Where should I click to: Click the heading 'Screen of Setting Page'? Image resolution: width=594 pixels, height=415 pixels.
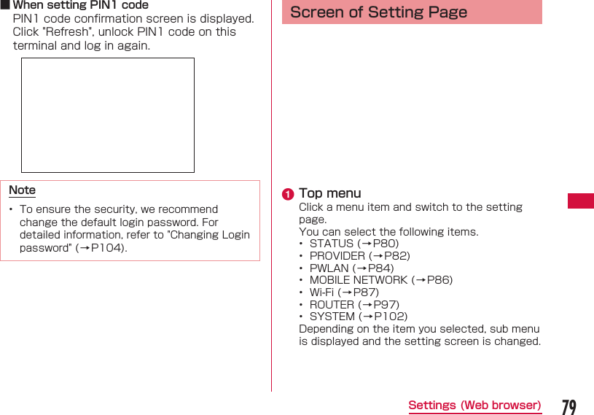click(378, 12)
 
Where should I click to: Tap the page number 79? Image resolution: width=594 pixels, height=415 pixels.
click(569, 406)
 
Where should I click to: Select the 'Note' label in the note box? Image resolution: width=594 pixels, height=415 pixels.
click(22, 190)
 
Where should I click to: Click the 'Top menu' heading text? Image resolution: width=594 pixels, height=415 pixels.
click(329, 193)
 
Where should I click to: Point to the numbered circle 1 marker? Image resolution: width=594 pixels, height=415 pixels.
click(289, 194)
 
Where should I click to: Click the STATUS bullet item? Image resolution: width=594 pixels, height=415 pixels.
click(354, 244)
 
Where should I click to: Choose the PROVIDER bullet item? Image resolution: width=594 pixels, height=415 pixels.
click(359, 256)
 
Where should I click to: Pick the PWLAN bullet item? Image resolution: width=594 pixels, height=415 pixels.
click(351, 268)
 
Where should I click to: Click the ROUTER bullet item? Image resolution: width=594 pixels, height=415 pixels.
click(354, 305)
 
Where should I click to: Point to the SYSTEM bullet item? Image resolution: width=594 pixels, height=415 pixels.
click(358, 317)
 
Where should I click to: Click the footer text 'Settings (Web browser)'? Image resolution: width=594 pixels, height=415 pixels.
click(474, 406)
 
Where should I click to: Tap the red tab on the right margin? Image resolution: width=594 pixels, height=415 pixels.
click(581, 201)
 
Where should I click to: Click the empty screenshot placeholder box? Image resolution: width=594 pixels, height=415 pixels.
click(108, 115)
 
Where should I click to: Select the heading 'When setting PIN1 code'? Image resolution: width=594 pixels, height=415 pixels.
click(80, 5)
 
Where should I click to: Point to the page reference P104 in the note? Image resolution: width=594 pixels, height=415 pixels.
click(101, 248)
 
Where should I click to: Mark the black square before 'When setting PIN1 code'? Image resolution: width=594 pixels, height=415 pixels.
click(5, 5)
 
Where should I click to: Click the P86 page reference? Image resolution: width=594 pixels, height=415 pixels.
click(439, 280)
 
